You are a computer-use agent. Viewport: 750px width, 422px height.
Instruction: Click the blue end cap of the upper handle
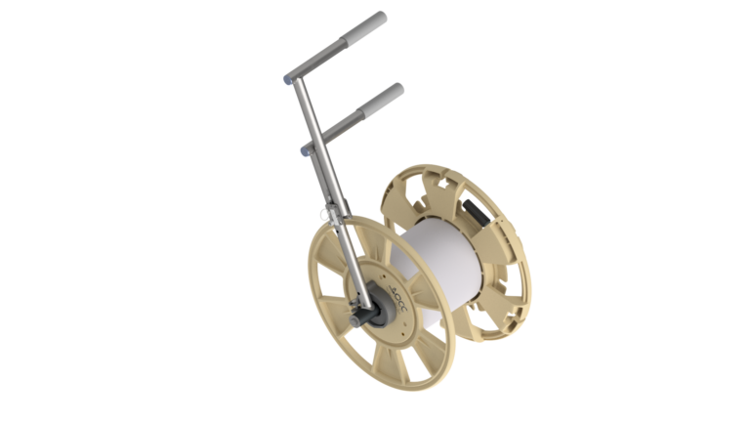coord(286,76)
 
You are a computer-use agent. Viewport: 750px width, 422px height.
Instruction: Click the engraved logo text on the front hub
coord(386,290)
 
